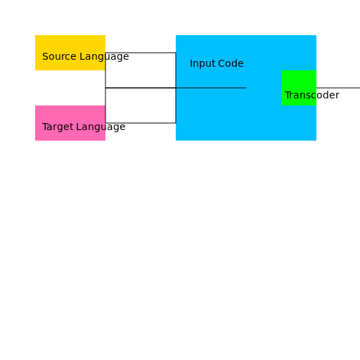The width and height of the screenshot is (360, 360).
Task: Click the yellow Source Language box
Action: (70, 53)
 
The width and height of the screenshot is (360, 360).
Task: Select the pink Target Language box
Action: (70, 123)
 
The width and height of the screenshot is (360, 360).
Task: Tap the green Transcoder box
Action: (299, 88)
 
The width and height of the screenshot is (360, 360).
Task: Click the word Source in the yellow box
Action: (59, 56)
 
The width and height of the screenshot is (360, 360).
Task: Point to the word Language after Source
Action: (104, 57)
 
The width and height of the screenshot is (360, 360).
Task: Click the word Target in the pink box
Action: (58, 127)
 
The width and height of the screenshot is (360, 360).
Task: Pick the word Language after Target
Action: (101, 127)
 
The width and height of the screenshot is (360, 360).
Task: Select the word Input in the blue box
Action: (202, 64)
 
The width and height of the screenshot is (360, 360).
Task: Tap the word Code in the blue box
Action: (231, 63)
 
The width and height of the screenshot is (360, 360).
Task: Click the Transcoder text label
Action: (312, 95)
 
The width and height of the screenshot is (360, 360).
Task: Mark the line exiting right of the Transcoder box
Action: (338, 88)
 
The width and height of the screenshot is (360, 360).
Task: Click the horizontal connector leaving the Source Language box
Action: (141, 53)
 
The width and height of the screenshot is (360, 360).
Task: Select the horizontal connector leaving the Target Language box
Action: (141, 123)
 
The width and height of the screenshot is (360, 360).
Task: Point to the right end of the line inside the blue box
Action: (246, 88)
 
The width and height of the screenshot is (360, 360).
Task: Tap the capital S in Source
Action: (45, 56)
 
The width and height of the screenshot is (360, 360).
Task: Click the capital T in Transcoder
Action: (288, 95)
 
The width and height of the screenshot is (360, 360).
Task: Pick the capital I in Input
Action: (191, 63)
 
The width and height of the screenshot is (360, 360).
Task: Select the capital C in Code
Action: (221, 63)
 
